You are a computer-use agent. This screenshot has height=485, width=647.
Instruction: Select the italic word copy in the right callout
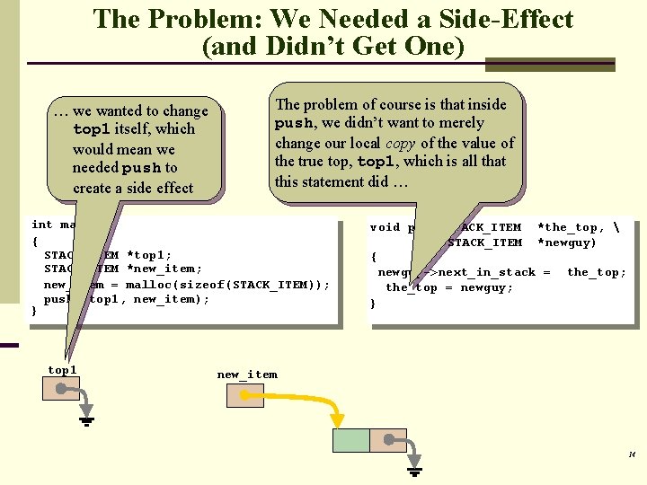click(x=403, y=143)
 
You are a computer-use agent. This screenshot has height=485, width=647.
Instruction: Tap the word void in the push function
click(x=385, y=227)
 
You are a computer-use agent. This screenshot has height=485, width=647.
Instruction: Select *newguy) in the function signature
click(x=567, y=242)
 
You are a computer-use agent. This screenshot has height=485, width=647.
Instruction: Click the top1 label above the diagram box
click(x=62, y=370)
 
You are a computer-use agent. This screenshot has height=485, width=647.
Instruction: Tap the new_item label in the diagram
click(x=247, y=375)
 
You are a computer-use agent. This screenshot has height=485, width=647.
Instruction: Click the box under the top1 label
click(x=61, y=388)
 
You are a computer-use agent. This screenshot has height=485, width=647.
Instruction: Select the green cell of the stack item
click(x=350, y=440)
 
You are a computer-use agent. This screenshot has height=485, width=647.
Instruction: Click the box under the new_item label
click(x=244, y=395)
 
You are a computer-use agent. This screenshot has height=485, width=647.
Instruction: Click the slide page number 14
click(x=632, y=454)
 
